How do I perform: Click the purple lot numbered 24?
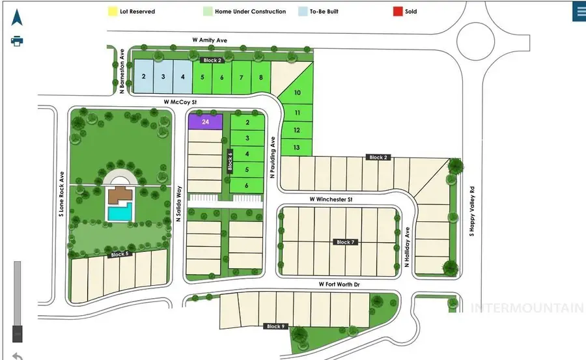(x=205, y=122)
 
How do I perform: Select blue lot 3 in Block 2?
(x=163, y=77)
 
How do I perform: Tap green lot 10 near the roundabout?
(x=298, y=93)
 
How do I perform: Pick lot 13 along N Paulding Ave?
(x=297, y=148)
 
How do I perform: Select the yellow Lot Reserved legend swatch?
(x=111, y=11)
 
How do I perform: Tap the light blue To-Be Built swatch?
(x=302, y=11)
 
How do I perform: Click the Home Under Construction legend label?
(x=251, y=11)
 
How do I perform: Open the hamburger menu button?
(x=578, y=12)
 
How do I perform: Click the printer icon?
(x=18, y=41)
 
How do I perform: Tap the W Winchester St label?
(x=330, y=199)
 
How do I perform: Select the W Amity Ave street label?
(x=210, y=40)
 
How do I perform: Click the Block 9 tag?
(x=275, y=326)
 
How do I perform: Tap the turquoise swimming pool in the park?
(x=119, y=213)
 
